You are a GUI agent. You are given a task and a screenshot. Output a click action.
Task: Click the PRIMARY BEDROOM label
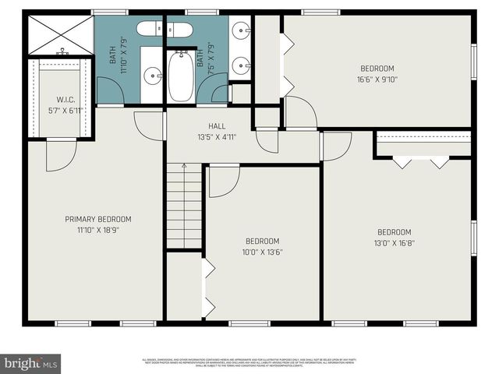[x=97, y=219]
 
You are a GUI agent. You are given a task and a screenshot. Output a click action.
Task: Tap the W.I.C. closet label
[x=65, y=99]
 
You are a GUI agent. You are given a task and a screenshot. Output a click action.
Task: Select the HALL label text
[x=217, y=125]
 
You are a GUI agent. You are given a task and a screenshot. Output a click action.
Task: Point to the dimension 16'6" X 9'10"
[x=376, y=79]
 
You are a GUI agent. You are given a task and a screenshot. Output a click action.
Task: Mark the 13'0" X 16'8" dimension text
[x=394, y=242]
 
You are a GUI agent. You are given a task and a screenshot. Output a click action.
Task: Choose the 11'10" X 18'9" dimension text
[x=97, y=230]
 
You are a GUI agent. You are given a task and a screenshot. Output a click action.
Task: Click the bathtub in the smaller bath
[x=183, y=76]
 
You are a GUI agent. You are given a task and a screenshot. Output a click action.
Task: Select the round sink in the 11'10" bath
[x=154, y=77]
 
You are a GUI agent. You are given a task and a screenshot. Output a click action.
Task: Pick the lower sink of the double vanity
[x=239, y=63]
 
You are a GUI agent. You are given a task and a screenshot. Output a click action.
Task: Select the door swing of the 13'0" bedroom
[x=335, y=146]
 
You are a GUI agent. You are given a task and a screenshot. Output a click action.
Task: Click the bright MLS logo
[x=30, y=363]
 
